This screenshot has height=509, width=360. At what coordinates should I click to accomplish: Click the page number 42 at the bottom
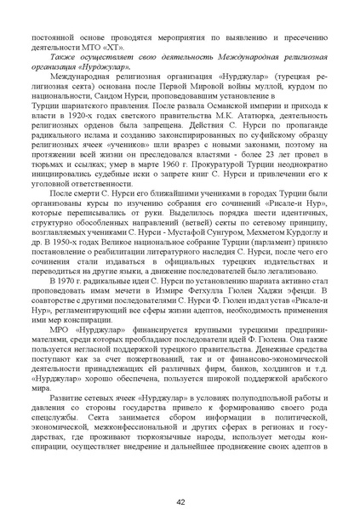coord(180,478)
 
